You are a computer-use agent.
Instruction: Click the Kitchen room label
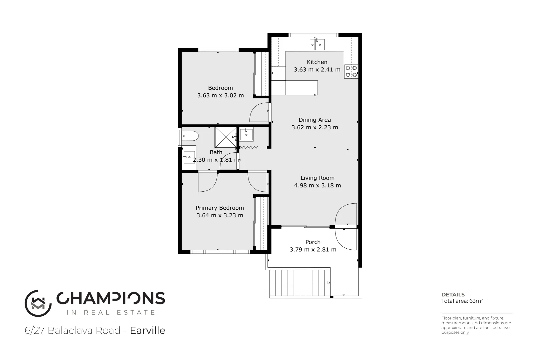point(317,62)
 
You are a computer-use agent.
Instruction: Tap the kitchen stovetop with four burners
point(351,71)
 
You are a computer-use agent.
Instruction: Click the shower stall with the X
point(226,137)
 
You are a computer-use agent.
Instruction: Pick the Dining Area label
point(315,120)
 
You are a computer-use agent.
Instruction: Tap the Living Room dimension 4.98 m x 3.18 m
point(318,185)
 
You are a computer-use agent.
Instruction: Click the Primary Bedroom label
point(219,208)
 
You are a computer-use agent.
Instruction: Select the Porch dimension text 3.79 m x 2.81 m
point(313,249)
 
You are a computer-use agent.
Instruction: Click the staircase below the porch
point(300,283)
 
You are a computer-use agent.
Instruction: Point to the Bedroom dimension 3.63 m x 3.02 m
point(220,95)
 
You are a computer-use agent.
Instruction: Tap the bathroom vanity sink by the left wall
point(189,157)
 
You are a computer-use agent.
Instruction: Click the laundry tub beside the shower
point(246,135)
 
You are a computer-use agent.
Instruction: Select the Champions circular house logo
point(38,303)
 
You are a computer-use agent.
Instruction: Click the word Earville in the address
point(147,330)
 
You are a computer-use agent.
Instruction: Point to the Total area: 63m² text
point(462,301)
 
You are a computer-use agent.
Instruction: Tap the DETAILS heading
point(453,294)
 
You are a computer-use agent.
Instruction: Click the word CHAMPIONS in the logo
point(111,298)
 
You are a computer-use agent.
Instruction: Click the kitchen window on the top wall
point(314,35)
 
